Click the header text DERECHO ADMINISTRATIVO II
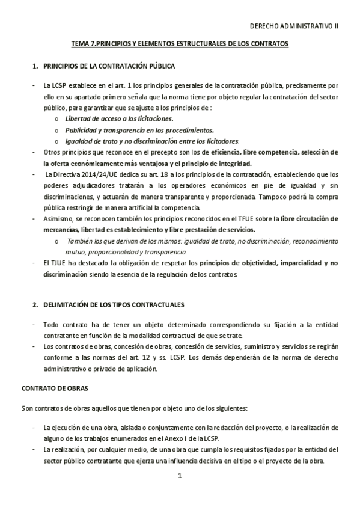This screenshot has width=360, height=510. [294, 26]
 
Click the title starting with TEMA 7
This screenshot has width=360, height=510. [180, 45]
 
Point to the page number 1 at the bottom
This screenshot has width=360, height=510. [180, 476]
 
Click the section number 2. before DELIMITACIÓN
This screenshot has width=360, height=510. [35, 305]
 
